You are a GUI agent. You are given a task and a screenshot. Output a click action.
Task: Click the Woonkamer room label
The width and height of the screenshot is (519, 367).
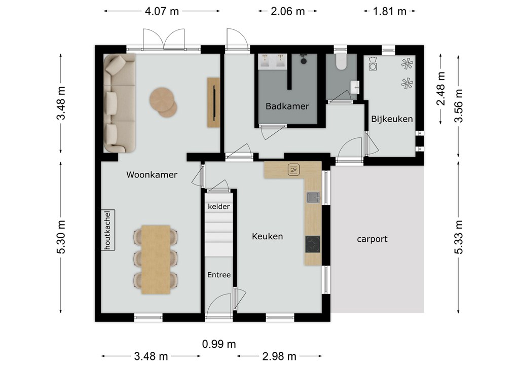pos(152,175)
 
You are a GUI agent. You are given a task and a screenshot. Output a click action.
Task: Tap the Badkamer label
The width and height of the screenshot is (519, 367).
pos(287,106)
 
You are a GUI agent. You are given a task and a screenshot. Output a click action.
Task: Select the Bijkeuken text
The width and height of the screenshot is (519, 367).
pos(392,119)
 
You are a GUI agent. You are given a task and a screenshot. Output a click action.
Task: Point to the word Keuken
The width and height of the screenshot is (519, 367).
pos(267,236)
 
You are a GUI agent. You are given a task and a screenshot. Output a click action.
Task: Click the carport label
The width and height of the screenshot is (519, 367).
pos(372,239)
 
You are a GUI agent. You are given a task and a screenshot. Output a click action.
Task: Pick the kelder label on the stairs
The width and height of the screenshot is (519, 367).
pos(219,206)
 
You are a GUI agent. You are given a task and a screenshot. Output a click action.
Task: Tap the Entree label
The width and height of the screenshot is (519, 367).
pos(219,275)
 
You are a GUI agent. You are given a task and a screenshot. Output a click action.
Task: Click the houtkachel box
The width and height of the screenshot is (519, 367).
pos(108,230)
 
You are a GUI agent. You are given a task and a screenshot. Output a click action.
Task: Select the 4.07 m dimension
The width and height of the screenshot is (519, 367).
pos(162,11)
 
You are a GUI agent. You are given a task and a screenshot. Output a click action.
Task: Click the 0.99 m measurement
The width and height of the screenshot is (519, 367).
pos(219,344)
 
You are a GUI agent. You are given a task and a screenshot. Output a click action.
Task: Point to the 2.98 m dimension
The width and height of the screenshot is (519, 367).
pos(279,356)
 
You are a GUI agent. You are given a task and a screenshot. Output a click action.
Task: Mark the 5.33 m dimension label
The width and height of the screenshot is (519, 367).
pos(458,237)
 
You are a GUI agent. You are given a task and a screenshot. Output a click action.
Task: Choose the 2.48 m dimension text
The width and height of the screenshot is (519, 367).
pos(441,88)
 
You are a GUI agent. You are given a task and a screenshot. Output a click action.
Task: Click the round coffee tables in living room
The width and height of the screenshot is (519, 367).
pos(163,102)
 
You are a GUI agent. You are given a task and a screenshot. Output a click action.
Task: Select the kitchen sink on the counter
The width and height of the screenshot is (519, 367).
pos(313,198)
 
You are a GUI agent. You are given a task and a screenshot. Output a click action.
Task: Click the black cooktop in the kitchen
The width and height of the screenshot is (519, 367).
pos(312,244)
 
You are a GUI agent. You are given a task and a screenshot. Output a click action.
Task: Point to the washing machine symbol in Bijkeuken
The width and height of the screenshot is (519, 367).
pos(373,63)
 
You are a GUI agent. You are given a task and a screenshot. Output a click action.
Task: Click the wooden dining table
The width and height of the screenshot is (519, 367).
pos(156,260)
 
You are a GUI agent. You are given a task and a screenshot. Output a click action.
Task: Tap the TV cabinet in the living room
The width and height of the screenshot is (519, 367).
pos(213,102)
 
